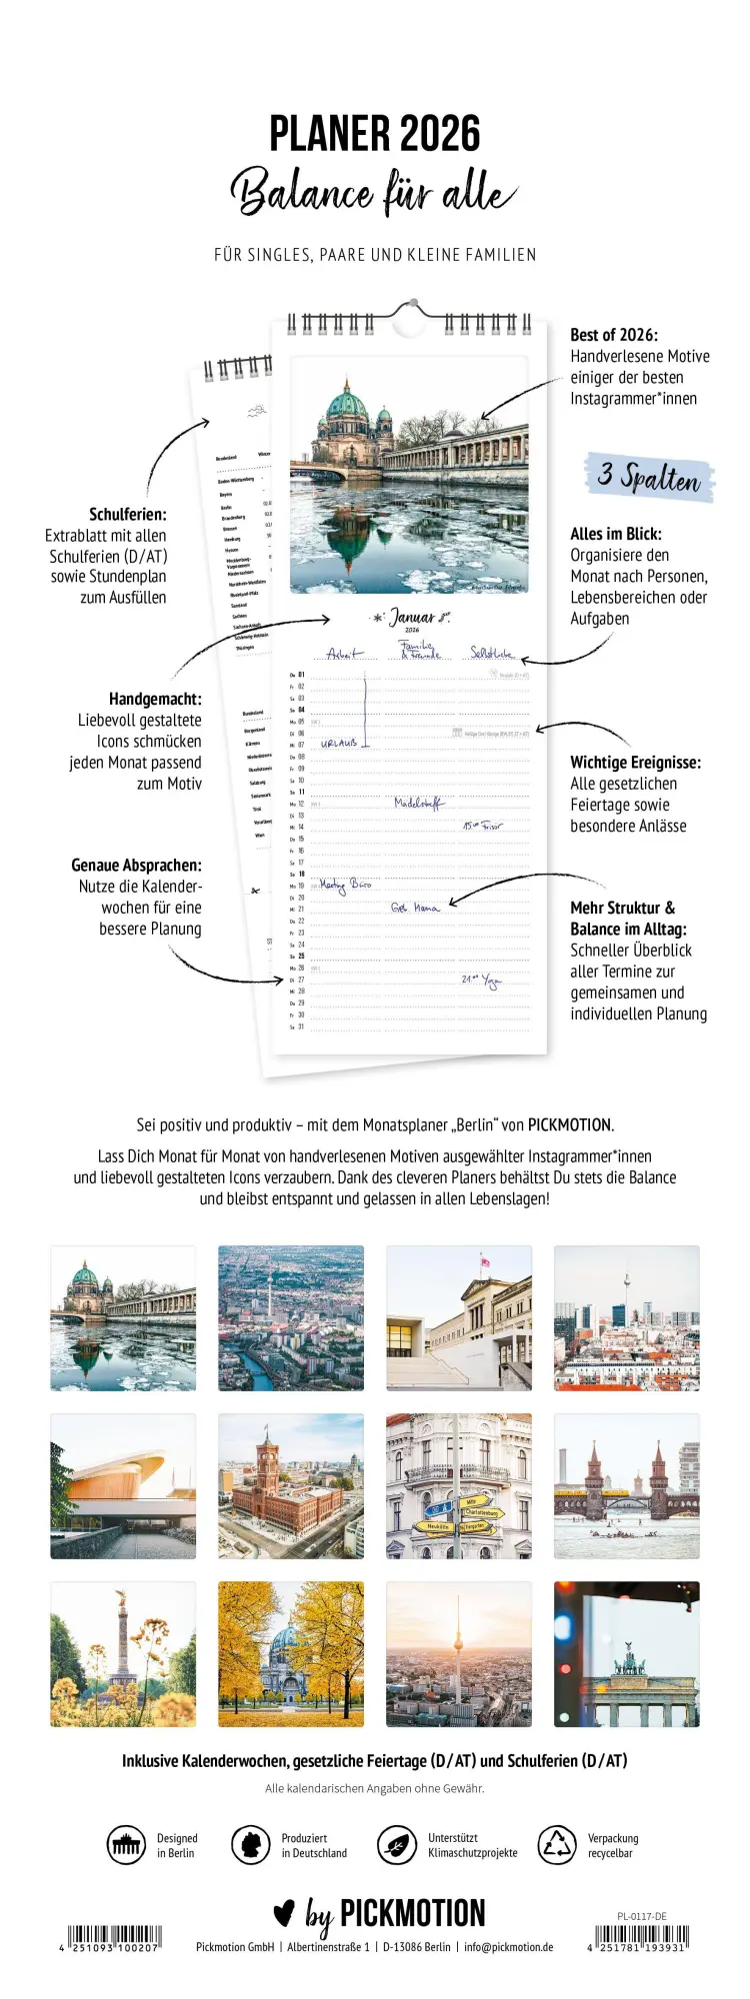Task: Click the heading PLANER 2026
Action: pos(375,134)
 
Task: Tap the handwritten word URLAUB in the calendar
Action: pos(339,744)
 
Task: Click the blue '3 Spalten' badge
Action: pos(649,477)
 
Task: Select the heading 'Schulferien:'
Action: pos(128,514)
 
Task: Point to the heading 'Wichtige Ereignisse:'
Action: pos(635,762)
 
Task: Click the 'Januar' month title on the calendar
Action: pos(412,618)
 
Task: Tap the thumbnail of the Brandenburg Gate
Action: pos(627,1655)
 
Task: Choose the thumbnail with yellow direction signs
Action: pos(459,1486)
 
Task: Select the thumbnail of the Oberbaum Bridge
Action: pos(627,1486)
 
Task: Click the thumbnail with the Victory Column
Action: pos(123,1655)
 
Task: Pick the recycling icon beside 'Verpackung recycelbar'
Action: pos(556,1845)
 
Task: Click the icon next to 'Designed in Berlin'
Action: pos(126,1845)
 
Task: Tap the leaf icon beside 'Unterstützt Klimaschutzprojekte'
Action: pos(396,1845)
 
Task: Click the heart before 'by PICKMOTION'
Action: pos(284,1913)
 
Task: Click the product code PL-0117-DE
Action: pos(642,1916)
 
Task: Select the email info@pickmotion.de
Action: pos(508,1947)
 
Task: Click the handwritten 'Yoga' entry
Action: pos(491,981)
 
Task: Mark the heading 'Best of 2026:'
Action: pos(614,335)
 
